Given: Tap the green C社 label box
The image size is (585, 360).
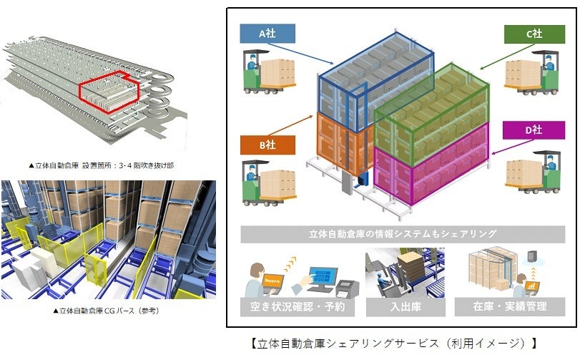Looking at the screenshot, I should pos(534,34).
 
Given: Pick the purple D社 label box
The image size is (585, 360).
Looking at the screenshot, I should pos(534,130).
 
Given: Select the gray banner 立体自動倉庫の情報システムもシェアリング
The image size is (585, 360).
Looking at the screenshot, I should pos(403,233).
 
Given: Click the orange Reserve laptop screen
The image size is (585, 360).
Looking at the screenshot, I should pos(272,281).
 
